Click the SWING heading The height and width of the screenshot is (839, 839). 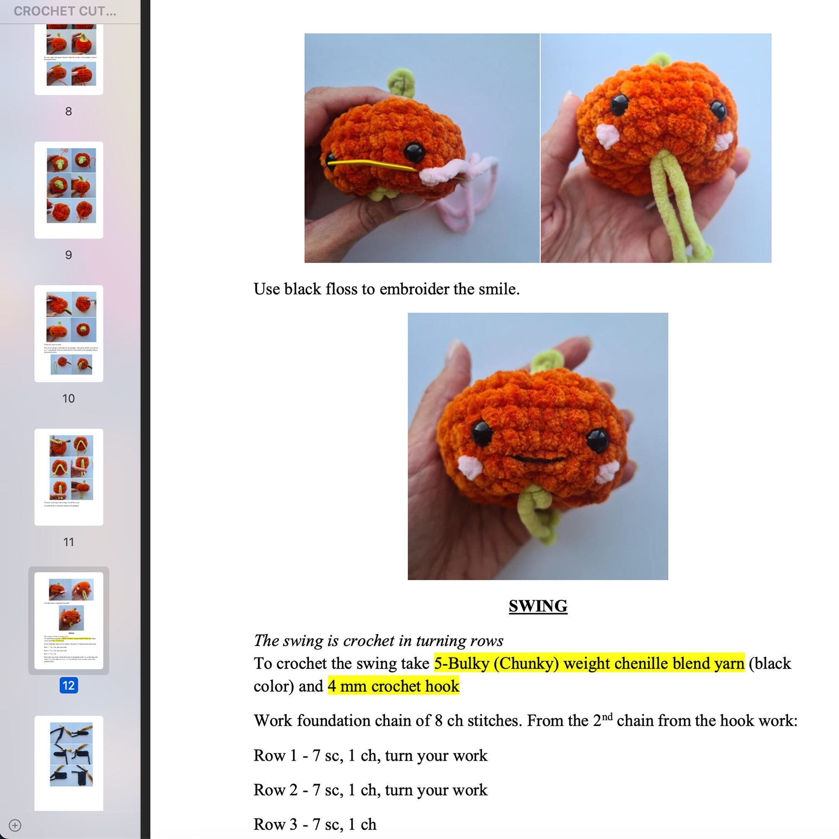click(538, 606)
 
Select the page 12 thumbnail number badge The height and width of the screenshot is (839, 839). click(69, 685)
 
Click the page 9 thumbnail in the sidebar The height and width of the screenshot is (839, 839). click(69, 190)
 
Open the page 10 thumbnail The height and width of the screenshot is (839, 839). click(69, 333)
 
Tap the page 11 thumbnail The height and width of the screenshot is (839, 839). click(69, 477)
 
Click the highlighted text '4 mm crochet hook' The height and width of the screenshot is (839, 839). click(393, 686)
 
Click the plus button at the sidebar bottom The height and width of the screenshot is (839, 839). click(15, 825)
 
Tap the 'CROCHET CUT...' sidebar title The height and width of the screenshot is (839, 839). click(65, 11)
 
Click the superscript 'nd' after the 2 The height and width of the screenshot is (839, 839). click(607, 716)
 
